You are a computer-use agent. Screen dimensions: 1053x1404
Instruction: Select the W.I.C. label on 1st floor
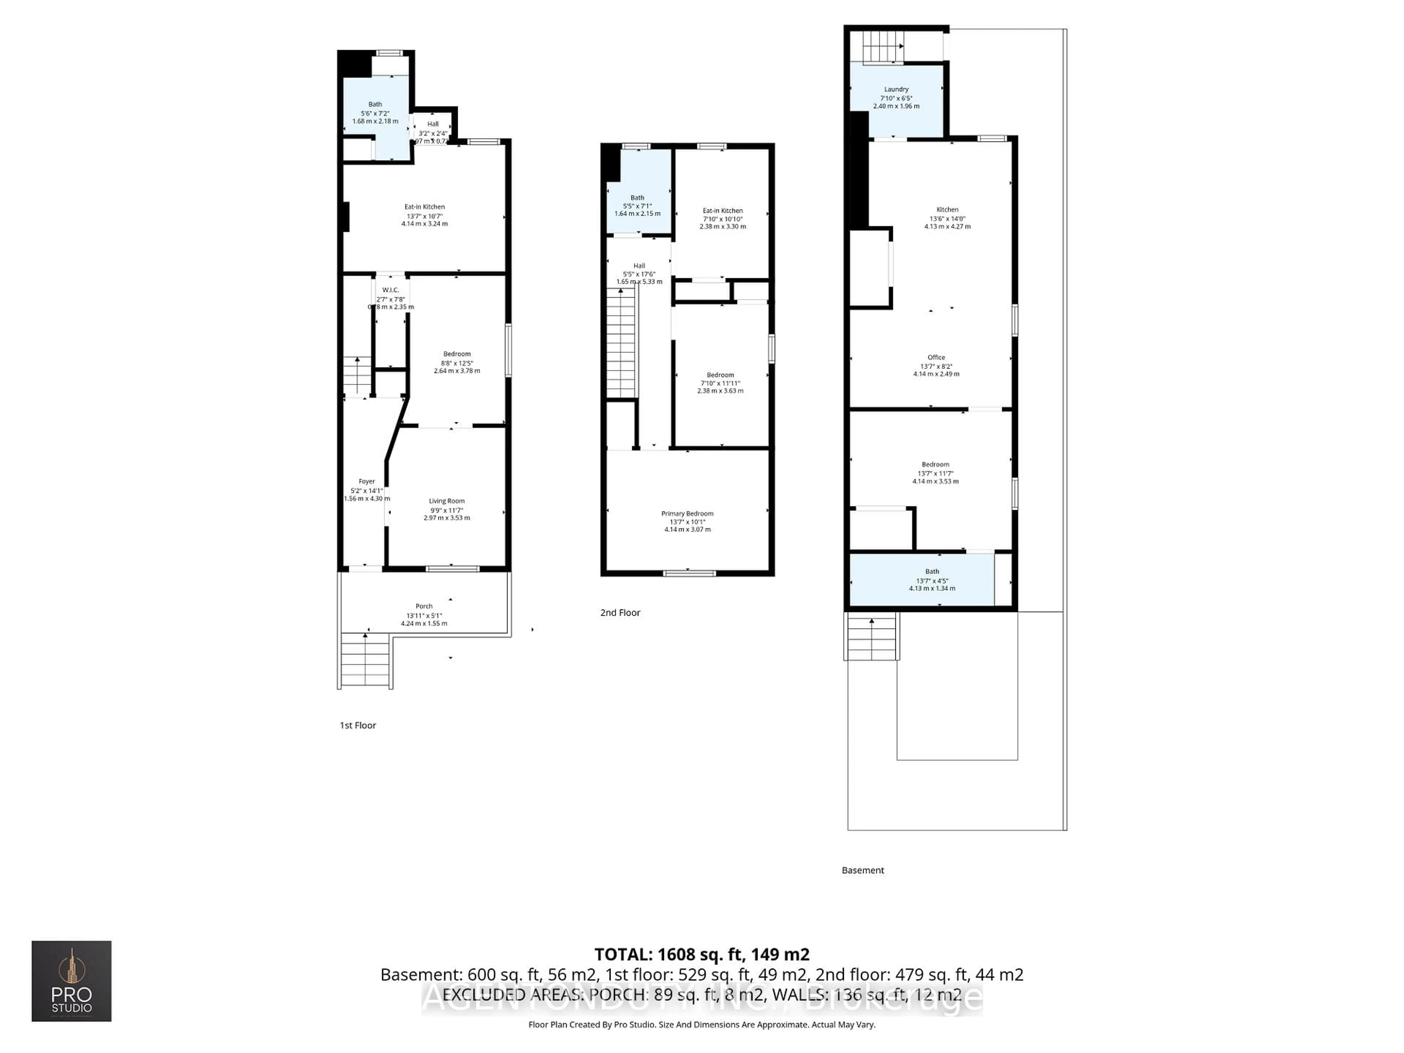point(390,290)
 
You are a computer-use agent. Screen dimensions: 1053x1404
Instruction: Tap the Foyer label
point(366,481)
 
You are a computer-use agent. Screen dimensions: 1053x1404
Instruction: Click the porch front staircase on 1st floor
point(365,660)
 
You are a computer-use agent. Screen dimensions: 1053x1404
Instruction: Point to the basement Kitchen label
point(947,210)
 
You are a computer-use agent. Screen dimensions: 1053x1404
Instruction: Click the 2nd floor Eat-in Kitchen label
point(722,211)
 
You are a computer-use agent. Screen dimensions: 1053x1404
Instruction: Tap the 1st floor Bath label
point(375,104)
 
